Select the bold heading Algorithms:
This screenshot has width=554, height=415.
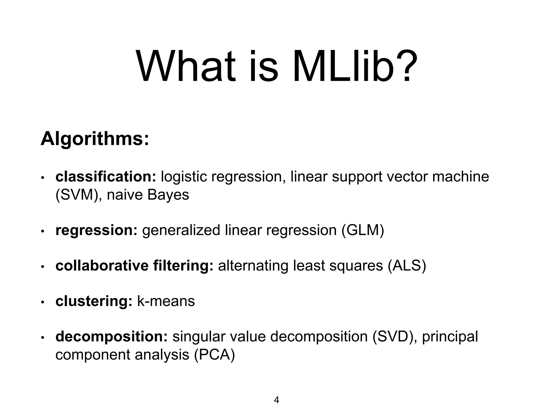[x=95, y=139]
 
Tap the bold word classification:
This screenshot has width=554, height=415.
[x=106, y=177]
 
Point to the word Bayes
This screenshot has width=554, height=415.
[x=168, y=195]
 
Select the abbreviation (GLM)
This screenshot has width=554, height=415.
[x=362, y=230]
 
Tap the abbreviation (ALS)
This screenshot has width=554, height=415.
[x=407, y=266]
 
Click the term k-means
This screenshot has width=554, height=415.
[x=166, y=301]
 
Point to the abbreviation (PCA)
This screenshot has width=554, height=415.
[x=214, y=355]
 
